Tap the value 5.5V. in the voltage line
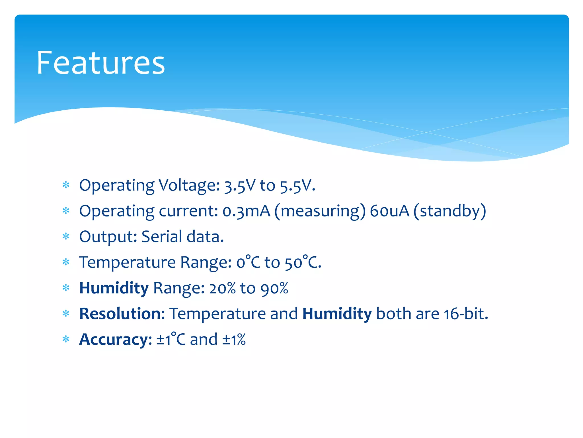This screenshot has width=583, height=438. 297,186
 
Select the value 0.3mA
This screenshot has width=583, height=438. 246,211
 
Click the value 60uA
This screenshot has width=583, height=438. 389,211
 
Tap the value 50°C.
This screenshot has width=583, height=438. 303,262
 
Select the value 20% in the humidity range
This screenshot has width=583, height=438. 222,288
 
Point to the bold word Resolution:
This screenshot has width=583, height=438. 122,314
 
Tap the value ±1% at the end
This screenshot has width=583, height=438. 234,339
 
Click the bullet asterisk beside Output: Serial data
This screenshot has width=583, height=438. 66,236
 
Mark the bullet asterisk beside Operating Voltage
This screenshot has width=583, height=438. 66,185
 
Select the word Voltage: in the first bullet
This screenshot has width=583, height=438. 189,186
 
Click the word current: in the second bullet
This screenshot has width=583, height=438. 188,211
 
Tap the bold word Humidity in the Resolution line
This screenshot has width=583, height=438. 337,314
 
